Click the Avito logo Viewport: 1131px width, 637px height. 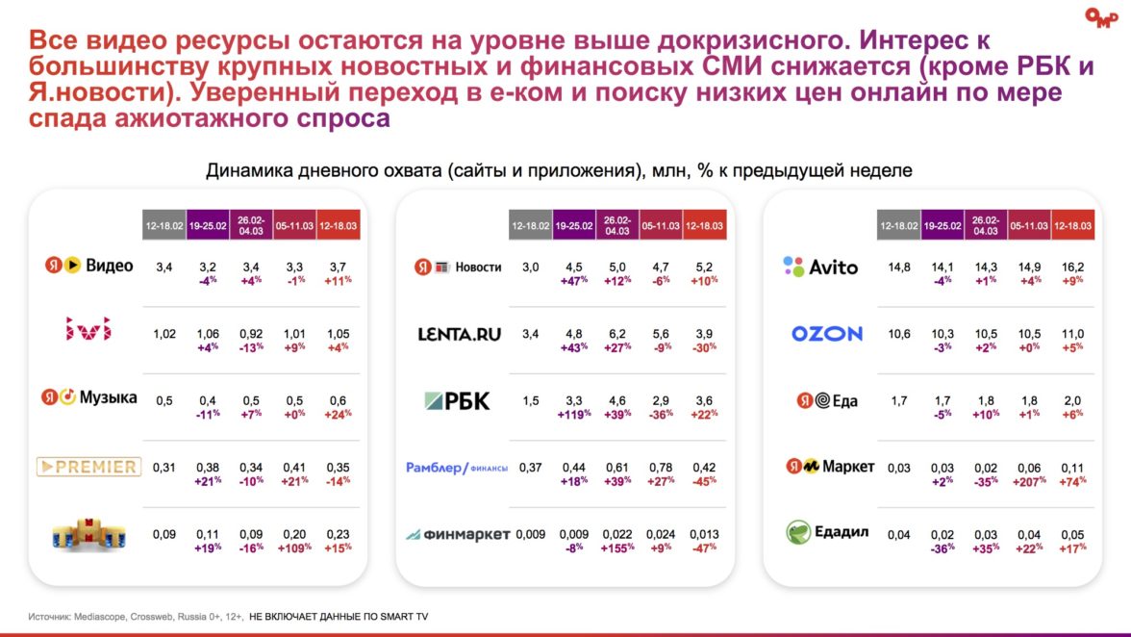coord(820,267)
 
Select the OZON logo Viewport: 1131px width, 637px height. coord(827,334)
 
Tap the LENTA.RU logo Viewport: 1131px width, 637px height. coord(460,334)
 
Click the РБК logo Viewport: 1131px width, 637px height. coord(456,400)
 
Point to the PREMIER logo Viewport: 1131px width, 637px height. coord(88,467)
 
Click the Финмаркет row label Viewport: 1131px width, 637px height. coord(457,534)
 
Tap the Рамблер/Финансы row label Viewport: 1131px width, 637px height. coord(457,468)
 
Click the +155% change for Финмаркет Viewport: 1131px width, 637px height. coord(617,548)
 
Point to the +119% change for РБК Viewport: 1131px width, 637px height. coord(574,414)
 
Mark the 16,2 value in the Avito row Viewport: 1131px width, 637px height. coord(1071,267)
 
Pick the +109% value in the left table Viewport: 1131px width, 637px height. coord(294,548)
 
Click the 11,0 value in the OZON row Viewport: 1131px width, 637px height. coord(1071,334)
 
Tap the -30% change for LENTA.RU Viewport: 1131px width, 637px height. coord(704,347)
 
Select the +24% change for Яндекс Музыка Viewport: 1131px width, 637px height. coord(337,414)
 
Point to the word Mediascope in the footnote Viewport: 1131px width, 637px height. coord(103,615)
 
